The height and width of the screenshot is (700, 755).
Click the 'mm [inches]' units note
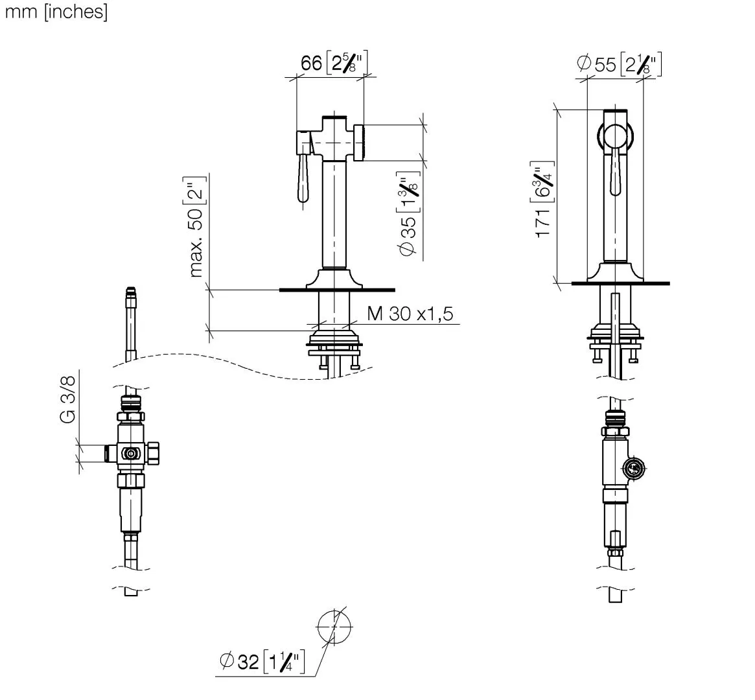pyautogui.click(x=56, y=12)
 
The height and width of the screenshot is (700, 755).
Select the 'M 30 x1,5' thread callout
pyautogui.click(x=410, y=314)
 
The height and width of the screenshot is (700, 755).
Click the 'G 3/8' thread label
pyautogui.click(x=68, y=400)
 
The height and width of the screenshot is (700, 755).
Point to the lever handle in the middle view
pyautogui.click(x=303, y=179)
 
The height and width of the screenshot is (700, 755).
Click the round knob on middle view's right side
pyautogui.click(x=359, y=143)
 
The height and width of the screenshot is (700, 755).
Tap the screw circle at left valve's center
pyautogui.click(x=130, y=454)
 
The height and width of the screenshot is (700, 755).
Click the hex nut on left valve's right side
pyautogui.click(x=152, y=453)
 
